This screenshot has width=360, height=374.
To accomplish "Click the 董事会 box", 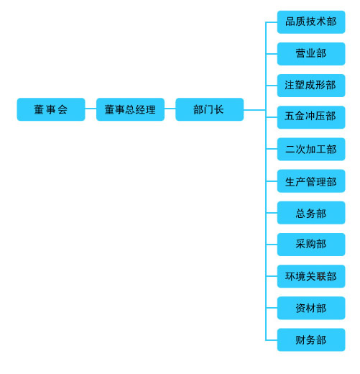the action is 51,109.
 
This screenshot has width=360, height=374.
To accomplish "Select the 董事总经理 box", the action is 130,109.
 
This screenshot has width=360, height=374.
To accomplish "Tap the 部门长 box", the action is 210,109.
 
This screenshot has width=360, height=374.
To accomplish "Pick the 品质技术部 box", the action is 311,22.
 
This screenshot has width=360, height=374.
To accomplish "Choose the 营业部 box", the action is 311,54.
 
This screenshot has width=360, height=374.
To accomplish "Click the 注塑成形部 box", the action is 311,86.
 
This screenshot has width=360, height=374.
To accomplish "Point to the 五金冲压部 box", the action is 311,117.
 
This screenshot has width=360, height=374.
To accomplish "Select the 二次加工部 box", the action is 311,149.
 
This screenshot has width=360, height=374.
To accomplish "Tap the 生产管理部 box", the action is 311,181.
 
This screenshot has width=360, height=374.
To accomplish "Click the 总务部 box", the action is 311,213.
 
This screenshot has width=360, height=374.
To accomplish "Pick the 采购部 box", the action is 311,245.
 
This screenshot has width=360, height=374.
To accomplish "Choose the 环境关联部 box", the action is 311,276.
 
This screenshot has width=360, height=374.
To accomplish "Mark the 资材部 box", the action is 311,308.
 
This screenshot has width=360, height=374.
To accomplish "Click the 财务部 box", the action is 311,339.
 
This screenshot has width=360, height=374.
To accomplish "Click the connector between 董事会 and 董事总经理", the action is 91,109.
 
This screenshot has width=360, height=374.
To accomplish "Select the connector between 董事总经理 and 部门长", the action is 170,109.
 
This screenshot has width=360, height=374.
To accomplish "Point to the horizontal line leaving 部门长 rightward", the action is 254,110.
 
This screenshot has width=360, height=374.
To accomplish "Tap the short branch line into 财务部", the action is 272,340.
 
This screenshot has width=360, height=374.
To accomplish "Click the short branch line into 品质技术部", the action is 272,22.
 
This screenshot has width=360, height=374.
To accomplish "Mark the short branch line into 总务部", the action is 272,213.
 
